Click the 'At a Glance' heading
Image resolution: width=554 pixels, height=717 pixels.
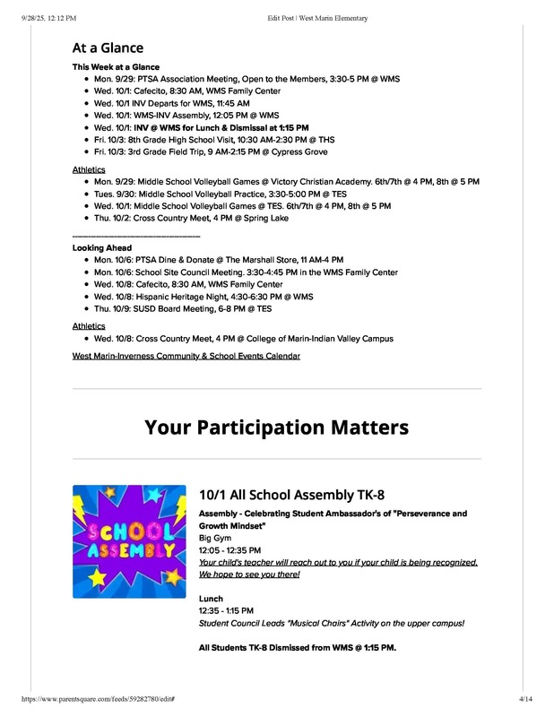tap(108, 48)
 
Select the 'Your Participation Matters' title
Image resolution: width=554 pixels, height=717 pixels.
tap(276, 427)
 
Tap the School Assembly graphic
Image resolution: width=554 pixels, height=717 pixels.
tap(129, 541)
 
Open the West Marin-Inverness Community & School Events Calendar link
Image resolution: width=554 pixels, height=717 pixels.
tap(186, 356)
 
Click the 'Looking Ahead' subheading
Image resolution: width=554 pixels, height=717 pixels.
tap(102, 247)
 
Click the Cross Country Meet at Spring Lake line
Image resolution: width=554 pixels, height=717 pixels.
tap(191, 218)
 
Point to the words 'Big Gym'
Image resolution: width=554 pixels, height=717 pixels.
tap(215, 538)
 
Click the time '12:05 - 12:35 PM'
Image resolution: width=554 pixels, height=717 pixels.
tap(229, 550)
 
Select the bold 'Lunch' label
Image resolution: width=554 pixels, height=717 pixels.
tap(211, 599)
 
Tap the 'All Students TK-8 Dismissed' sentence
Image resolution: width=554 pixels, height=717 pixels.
tap(297, 647)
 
